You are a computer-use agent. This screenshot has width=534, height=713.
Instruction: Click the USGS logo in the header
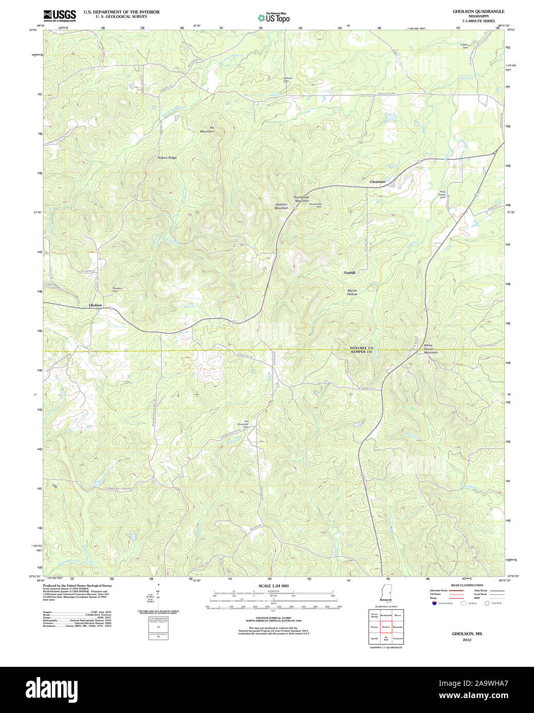tap(59, 15)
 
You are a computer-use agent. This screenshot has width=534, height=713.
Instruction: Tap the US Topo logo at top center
tap(274, 17)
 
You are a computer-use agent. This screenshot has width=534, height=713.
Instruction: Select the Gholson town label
tap(96, 305)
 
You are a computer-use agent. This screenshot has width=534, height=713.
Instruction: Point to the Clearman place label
tap(378, 182)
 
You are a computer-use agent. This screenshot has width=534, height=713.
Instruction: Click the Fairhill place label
tap(350, 272)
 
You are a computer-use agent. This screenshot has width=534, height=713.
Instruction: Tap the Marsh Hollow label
tap(352, 292)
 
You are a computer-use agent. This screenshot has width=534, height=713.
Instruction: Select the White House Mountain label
tap(430, 349)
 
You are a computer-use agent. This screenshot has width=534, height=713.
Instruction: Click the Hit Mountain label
tap(207, 129)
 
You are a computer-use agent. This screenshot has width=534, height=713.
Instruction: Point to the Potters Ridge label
tap(167, 157)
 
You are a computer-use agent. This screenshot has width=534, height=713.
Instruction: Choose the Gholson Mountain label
tap(281, 206)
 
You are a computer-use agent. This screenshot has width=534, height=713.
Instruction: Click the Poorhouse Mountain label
tap(301, 199)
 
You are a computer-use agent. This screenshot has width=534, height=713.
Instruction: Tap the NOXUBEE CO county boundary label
tap(361, 348)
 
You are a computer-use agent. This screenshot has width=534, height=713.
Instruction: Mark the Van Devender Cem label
tap(246, 424)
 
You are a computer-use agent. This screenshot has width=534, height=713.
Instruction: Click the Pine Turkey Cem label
tap(442, 195)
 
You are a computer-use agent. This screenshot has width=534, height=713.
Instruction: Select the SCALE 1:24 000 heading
tap(274, 586)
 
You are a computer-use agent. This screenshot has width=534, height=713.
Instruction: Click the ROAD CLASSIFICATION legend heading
tap(467, 585)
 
